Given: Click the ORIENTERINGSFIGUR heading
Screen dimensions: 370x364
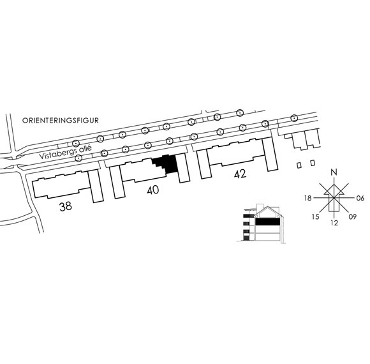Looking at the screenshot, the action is coord(61,121).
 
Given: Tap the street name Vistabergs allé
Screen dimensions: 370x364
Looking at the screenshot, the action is coord(65,153).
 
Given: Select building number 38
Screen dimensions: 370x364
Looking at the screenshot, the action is coord(66,206).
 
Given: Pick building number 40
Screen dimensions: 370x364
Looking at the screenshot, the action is coord(153,190).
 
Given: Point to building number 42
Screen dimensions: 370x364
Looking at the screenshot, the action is coord(241,174).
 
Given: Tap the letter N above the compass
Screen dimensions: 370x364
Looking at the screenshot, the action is coord(334,172).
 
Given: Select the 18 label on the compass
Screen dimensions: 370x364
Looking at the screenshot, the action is coord(308,198).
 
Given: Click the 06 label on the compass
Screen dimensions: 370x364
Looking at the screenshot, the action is coord(360,198).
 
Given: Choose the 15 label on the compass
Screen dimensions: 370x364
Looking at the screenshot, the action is coord(316,216).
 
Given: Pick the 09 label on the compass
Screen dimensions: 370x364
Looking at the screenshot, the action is coord(353,216).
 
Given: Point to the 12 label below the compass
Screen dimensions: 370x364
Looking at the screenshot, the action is coord(334,223).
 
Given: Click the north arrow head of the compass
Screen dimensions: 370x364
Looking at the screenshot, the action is coord(334,185).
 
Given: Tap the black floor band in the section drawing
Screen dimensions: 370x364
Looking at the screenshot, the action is coord(267,222).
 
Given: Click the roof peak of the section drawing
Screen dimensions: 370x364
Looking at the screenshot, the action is coord(267,207).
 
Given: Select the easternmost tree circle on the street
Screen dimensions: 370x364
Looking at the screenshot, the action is coord(293,118).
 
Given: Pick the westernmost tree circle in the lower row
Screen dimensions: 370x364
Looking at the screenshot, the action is coord(79,158).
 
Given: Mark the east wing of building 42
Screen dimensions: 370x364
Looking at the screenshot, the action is coord(270,154).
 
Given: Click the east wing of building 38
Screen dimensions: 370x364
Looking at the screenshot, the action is coord(96,186).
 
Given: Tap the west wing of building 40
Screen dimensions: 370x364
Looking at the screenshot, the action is coord(117,182).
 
